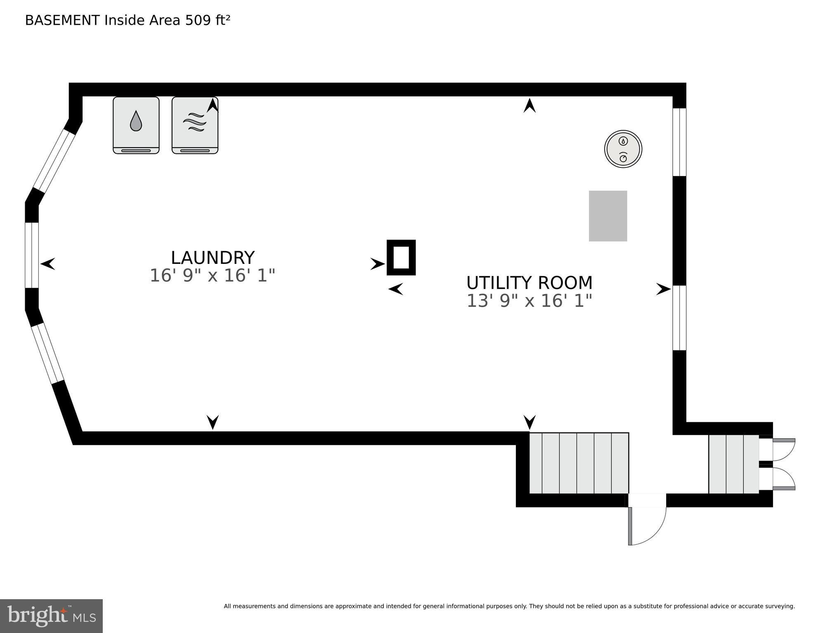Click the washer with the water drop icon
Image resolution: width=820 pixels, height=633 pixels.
coord(136,125)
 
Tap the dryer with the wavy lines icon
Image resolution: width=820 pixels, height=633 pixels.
coord(195,125)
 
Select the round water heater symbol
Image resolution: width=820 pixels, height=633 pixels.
coord(623,149)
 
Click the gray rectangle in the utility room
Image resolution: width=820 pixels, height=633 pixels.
coord(608,216)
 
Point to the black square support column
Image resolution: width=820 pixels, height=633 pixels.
coord(401,257)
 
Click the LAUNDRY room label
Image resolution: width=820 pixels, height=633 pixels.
coord(213,258)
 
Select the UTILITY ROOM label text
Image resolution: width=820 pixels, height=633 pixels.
coord(529,283)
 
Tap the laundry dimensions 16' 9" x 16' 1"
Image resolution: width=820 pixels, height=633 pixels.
coord(212,275)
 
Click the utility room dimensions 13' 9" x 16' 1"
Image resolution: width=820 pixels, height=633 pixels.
coord(529,301)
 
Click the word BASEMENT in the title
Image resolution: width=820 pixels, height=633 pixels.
coord(62,20)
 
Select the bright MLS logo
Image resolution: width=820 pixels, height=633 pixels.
coord(51,616)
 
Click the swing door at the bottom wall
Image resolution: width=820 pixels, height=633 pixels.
coord(647,520)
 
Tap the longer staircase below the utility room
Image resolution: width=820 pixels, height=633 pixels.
coord(579,463)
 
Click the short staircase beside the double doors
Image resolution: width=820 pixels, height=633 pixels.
coord(734,464)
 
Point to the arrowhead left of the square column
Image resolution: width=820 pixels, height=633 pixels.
coord(378,264)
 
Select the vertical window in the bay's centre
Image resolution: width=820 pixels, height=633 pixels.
coord(32,255)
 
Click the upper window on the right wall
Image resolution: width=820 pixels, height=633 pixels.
coord(679,142)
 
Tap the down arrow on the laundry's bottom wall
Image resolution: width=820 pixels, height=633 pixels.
coord(213,422)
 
